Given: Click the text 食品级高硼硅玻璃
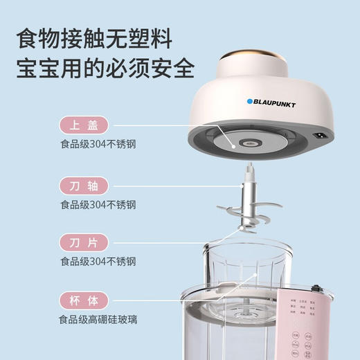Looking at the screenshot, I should [102, 321].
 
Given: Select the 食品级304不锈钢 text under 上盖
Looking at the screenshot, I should [98, 145].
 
